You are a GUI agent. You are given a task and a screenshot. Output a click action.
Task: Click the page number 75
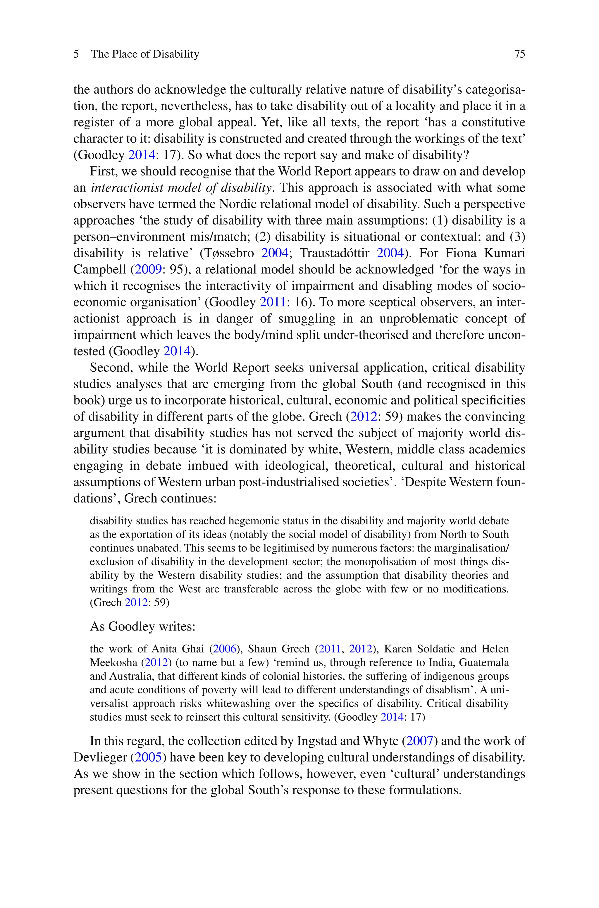tap(519, 54)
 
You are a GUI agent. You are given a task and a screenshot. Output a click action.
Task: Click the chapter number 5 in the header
tap(76, 54)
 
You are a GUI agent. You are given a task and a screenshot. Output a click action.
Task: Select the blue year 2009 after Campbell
tap(148, 270)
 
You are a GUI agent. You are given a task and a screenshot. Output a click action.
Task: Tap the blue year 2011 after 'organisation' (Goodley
tap(272, 302)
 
